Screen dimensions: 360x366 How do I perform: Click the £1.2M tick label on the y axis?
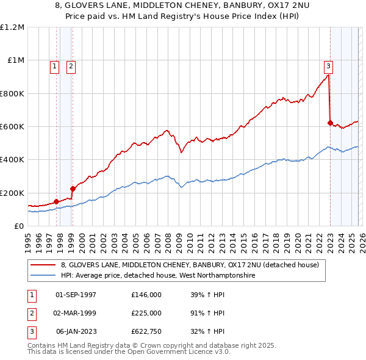click(x=12, y=27)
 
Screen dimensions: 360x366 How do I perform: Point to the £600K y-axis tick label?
click(x=12, y=127)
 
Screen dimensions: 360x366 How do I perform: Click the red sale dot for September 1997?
click(x=56, y=201)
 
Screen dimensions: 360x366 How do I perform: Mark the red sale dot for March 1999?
click(x=73, y=189)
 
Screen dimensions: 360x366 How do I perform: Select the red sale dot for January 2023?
click(x=330, y=123)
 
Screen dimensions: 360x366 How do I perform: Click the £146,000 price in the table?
click(x=146, y=295)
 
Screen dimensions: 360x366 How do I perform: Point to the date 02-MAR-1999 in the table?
click(x=76, y=313)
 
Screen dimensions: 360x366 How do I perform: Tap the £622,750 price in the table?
click(x=146, y=331)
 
